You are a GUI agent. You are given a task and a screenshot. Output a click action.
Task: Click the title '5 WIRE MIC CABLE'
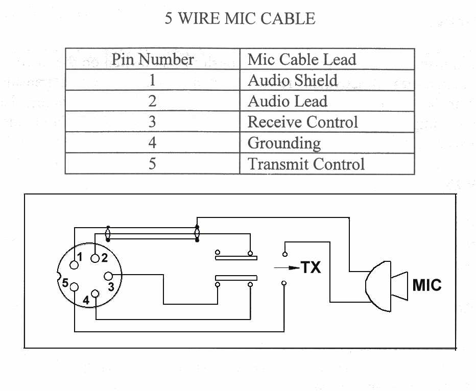click(240, 19)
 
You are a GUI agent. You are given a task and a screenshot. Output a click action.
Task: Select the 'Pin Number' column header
click(152, 59)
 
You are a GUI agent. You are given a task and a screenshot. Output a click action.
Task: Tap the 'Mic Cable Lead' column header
click(301, 59)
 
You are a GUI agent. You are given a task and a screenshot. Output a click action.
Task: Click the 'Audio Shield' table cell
click(292, 80)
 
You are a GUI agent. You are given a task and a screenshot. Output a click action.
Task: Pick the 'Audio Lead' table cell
click(287, 101)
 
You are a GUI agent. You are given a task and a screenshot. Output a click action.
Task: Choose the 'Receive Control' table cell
click(302, 122)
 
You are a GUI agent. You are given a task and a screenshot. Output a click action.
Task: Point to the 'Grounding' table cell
click(284, 143)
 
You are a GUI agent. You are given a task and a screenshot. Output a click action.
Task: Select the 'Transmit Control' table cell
click(306, 164)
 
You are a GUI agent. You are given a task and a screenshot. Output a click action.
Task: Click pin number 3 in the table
click(152, 122)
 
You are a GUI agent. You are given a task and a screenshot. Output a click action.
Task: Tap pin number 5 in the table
click(152, 164)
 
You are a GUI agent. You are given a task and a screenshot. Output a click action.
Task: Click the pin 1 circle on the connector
click(76, 264)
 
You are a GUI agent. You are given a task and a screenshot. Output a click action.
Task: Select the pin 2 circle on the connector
click(94, 258)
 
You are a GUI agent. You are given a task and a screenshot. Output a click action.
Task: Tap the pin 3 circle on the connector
click(108, 277)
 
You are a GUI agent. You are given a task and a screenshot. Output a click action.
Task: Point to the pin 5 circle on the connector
click(75, 287)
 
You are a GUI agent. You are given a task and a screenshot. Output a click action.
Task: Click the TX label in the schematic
click(311, 267)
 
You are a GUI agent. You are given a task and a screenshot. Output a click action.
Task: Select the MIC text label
click(426, 284)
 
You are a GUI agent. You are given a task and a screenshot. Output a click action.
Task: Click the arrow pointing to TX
click(286, 267)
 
